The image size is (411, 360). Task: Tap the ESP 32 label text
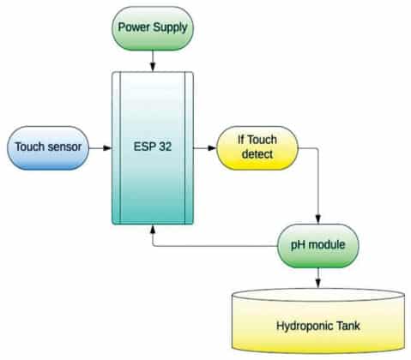(x=154, y=147)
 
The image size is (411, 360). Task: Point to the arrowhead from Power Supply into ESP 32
(x=153, y=67)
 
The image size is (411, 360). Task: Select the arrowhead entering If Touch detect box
(x=210, y=147)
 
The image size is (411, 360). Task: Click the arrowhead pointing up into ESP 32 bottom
(x=154, y=229)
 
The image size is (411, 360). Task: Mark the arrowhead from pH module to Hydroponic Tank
(x=319, y=284)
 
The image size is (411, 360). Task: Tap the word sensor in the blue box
(x=67, y=147)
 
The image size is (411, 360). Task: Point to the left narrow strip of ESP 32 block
(x=118, y=147)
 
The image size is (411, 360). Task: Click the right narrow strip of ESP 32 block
(x=189, y=147)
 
